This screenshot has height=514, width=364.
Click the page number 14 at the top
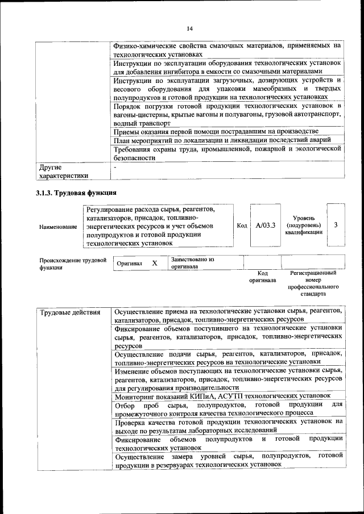[190, 28]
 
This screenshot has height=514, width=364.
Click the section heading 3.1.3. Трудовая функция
[76, 193]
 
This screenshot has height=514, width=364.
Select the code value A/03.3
[265, 225]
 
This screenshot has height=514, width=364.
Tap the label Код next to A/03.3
[241, 225]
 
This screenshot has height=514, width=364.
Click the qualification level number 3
[336, 225]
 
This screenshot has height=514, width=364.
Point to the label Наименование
[58, 227]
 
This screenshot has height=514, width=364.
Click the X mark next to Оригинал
[154, 264]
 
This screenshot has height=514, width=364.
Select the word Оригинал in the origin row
[129, 264]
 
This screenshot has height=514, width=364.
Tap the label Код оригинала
[262, 277]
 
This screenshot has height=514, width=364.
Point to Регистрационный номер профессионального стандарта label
[313, 283]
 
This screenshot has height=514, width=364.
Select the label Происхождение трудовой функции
[73, 264]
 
